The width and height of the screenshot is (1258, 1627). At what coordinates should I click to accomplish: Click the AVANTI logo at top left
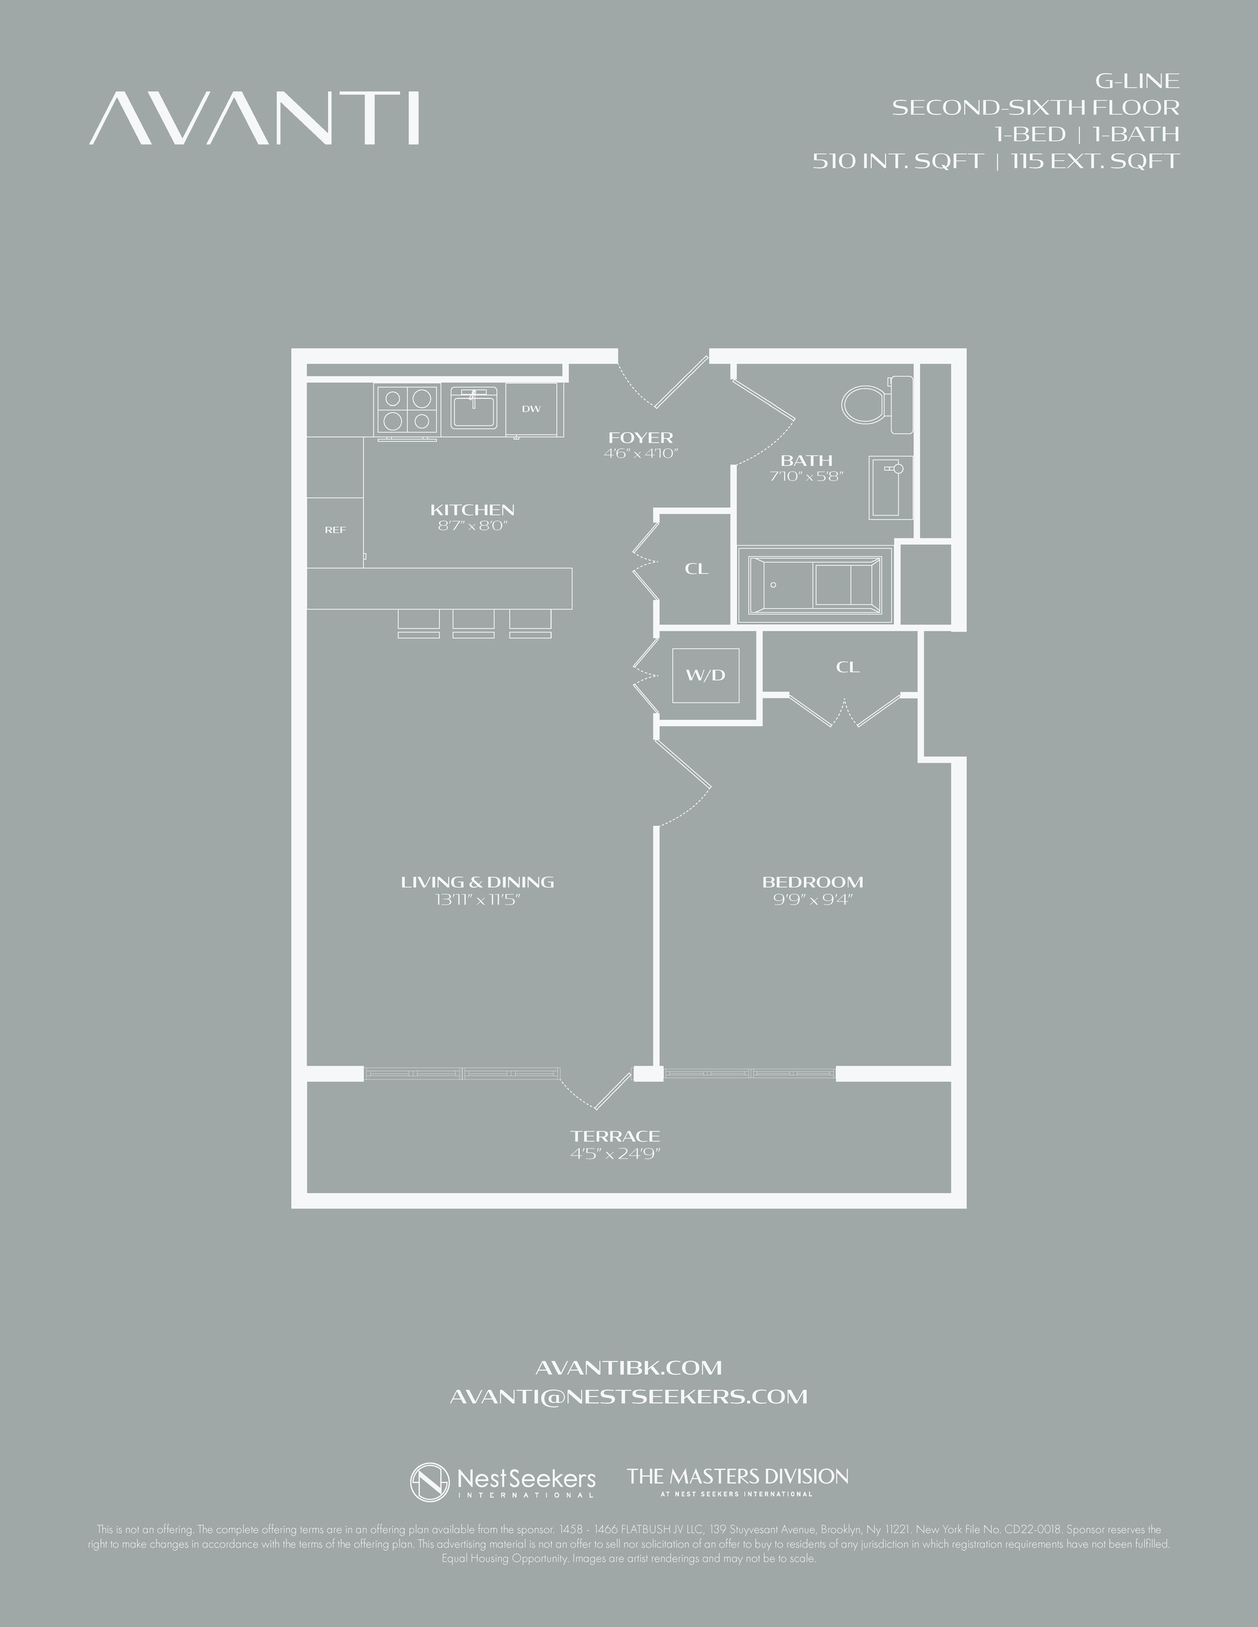tap(254, 119)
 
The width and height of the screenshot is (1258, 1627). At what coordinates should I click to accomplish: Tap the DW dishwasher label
tap(531, 409)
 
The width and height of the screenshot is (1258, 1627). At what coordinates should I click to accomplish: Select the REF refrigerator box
tap(335, 531)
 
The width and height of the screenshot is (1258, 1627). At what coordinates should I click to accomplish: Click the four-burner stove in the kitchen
tap(406, 410)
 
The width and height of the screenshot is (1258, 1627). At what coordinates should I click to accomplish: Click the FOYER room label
tap(640, 438)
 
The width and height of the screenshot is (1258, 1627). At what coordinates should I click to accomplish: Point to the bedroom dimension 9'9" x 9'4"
tap(812, 899)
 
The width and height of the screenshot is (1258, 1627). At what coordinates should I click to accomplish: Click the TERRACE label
tap(615, 1136)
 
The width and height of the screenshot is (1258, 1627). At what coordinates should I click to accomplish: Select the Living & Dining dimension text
tap(477, 899)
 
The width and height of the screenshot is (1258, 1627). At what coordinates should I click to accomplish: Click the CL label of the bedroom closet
tap(847, 667)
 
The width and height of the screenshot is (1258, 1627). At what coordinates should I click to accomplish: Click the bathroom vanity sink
tap(890, 487)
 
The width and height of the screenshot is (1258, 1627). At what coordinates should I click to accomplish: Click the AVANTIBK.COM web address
tap(628, 1368)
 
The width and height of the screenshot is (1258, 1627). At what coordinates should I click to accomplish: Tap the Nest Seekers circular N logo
tap(430, 1482)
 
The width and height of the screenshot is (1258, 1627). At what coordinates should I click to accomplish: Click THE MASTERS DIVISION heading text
tap(737, 1476)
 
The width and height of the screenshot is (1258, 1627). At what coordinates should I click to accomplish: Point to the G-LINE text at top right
tap(1137, 81)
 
